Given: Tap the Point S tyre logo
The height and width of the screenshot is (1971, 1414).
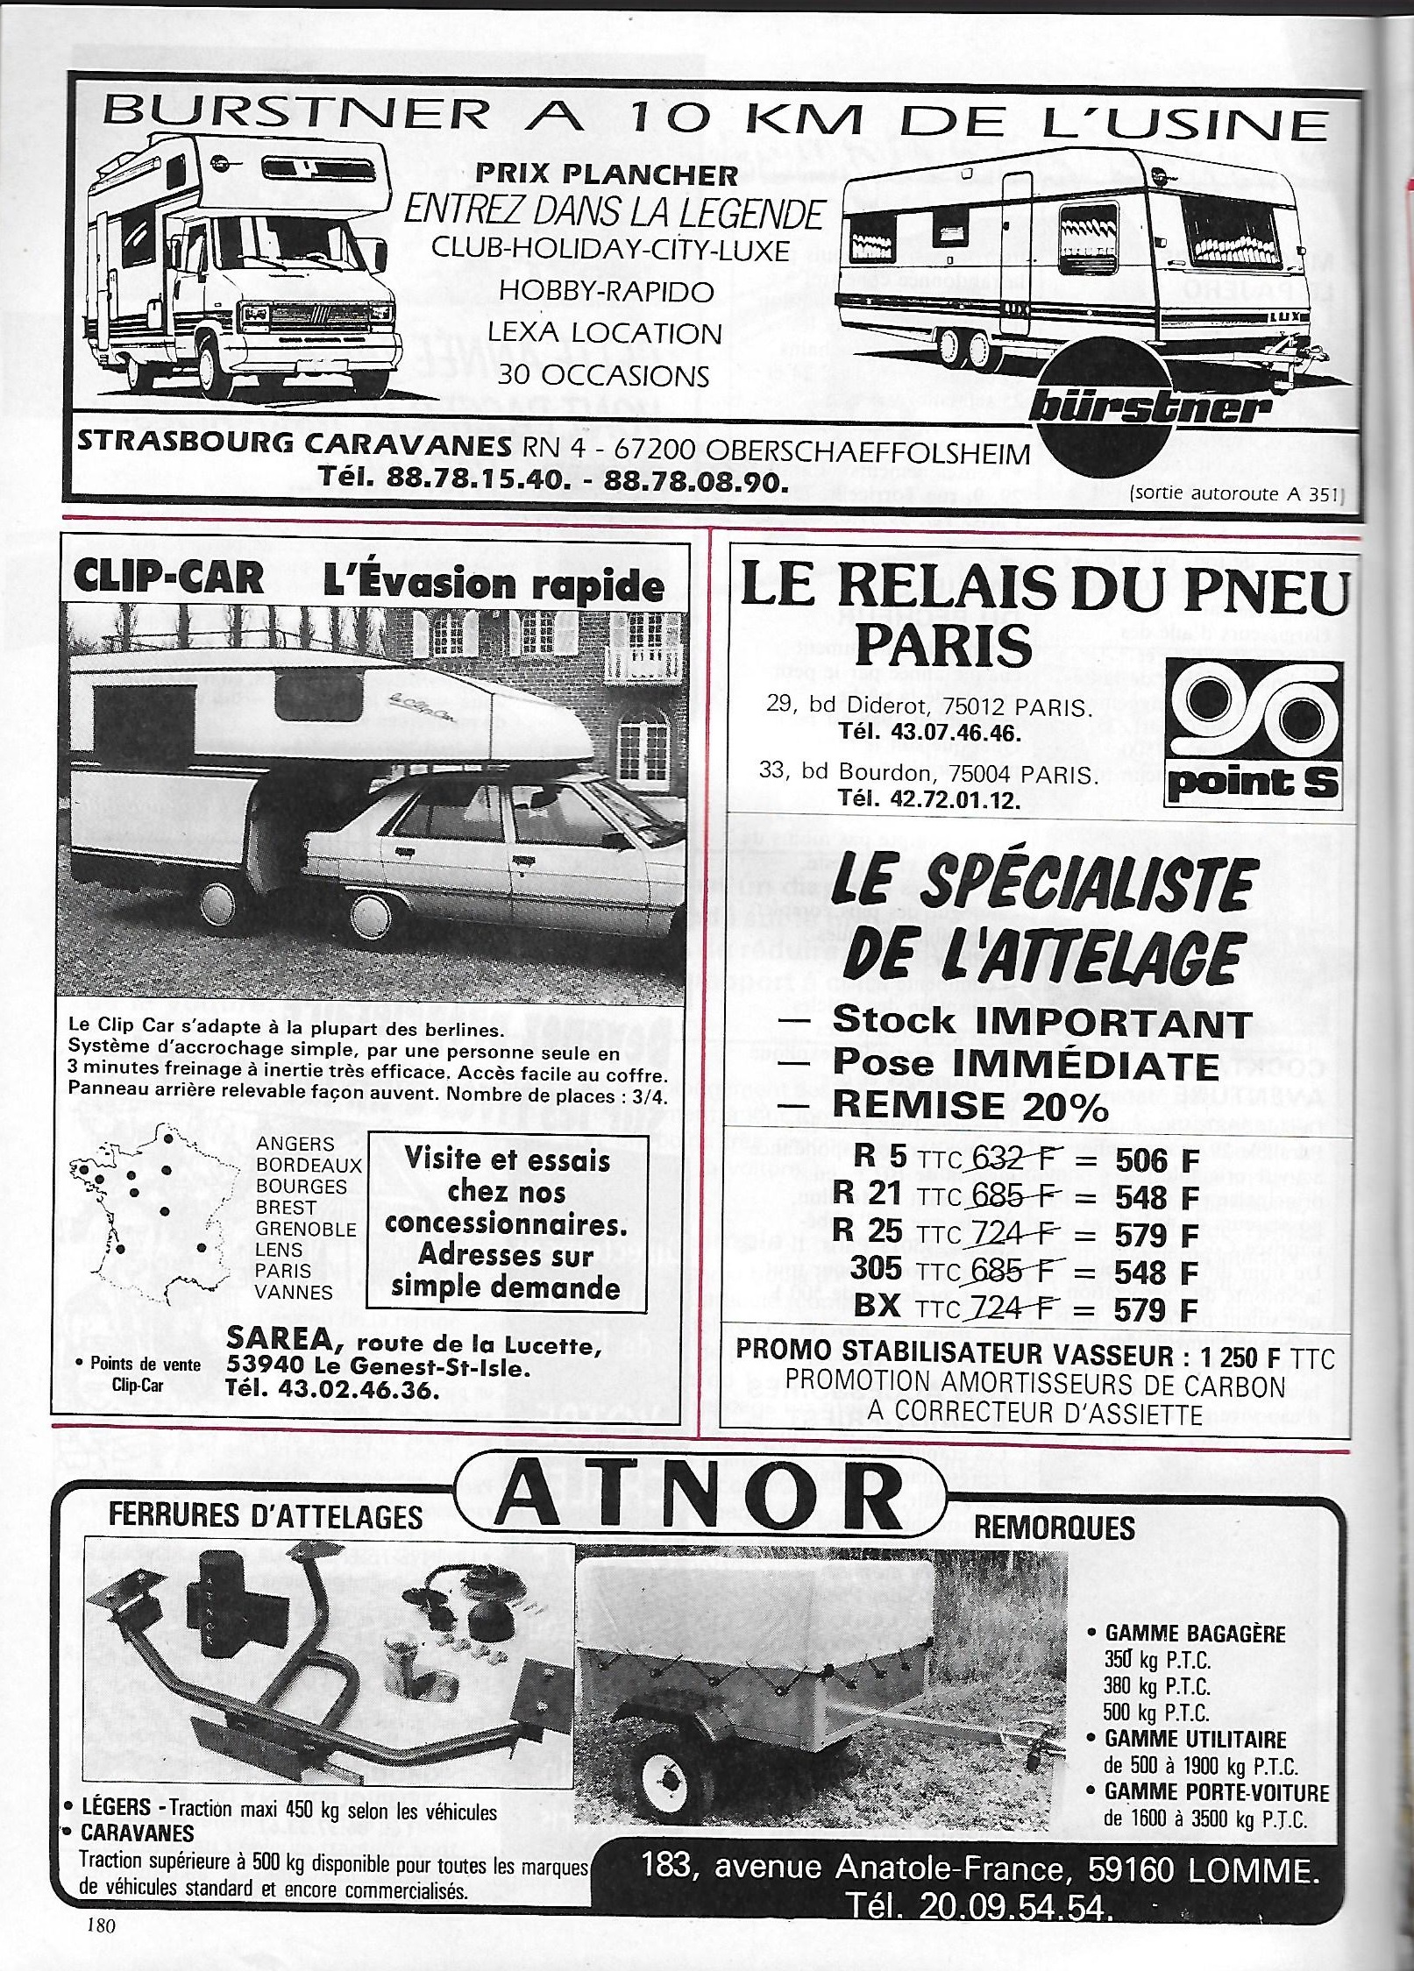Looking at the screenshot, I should point(1252,731).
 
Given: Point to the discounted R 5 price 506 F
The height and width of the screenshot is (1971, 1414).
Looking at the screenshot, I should point(1156,1160).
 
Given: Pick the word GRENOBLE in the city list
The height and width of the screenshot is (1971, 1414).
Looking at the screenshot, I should point(306,1229).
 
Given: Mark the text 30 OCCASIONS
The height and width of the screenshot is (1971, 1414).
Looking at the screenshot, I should point(603,375).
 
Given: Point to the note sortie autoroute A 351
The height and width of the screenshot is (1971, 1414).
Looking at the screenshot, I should point(1237,493).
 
